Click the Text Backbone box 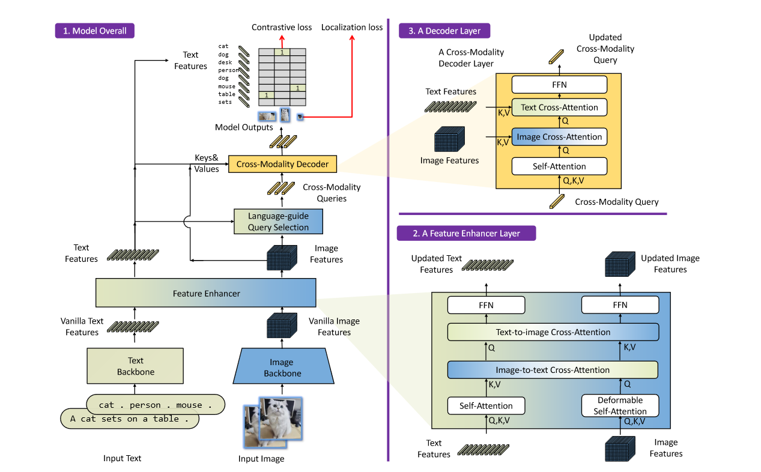click(x=135, y=366)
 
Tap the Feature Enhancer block click(x=206, y=293)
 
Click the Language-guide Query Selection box click(x=278, y=222)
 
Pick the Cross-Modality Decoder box click(x=282, y=164)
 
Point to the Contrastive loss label click(x=282, y=27)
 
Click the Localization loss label click(x=352, y=27)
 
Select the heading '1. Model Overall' click(x=95, y=31)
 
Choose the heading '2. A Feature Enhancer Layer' click(x=466, y=233)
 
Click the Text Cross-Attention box click(x=559, y=107)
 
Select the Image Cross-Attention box click(x=559, y=137)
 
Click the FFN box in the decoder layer click(x=559, y=85)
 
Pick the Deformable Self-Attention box click(x=620, y=405)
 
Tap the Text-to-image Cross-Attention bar click(x=553, y=332)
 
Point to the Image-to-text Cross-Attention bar click(x=553, y=369)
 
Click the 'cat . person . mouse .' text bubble click(x=156, y=405)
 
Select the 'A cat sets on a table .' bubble click(x=129, y=419)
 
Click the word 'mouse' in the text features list click(x=226, y=86)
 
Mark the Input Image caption click(x=261, y=459)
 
